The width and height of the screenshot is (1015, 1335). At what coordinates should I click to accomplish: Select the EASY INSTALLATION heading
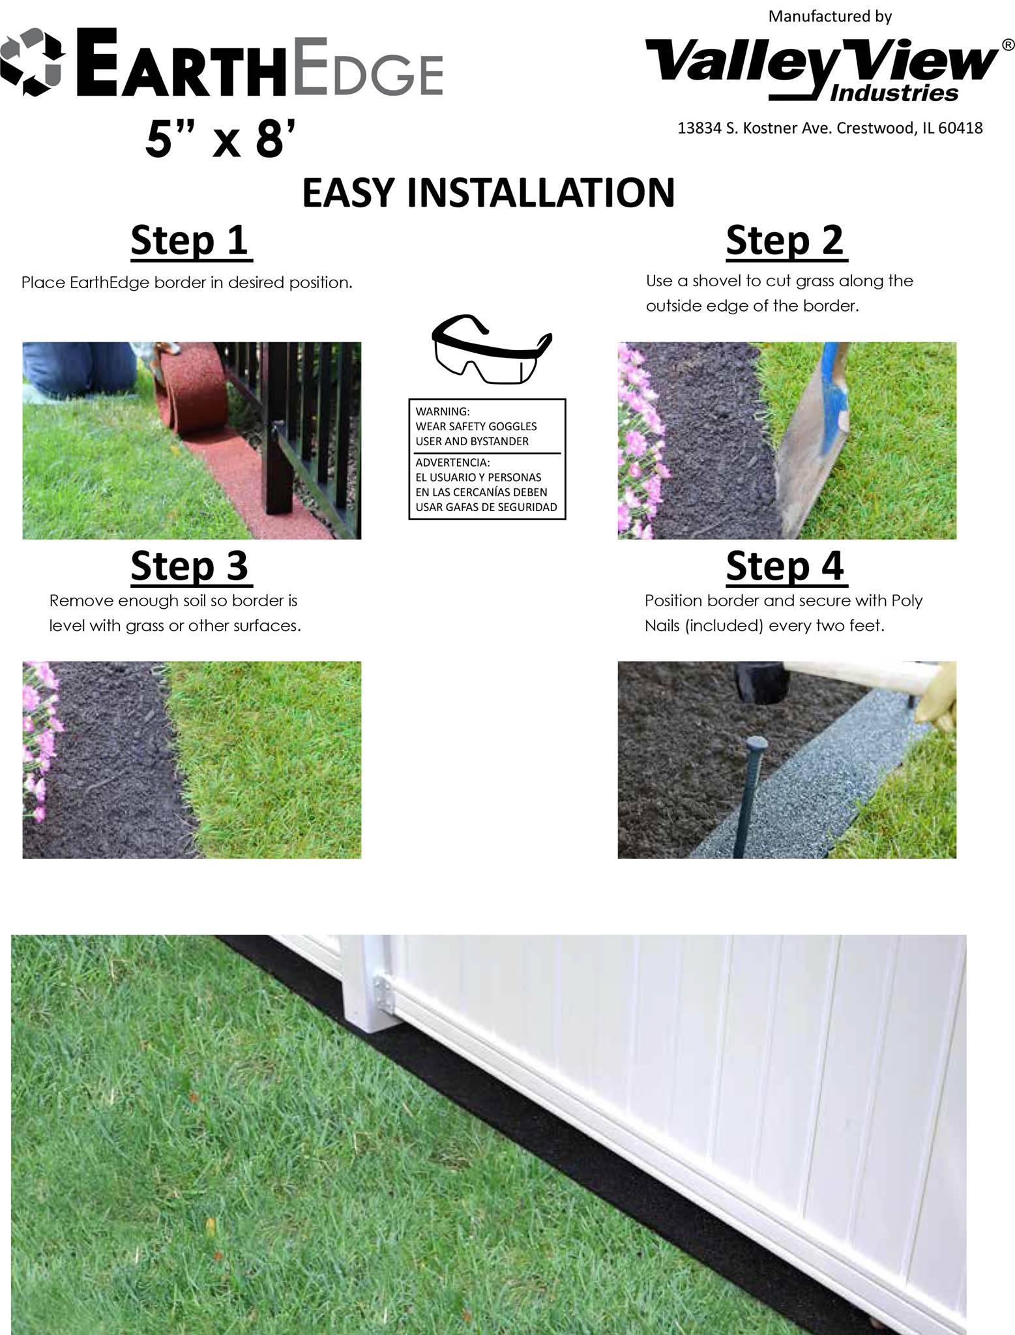coord(488,192)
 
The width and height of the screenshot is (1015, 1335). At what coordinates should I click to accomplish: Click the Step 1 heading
coord(190,241)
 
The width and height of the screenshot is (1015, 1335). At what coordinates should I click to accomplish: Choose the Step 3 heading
coord(190,565)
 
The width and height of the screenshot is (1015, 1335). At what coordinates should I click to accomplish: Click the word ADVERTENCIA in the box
coord(452,462)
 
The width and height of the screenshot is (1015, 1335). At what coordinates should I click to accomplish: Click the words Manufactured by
coord(830,16)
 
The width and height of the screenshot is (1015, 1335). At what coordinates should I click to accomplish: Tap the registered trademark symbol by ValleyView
coord(1007,45)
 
